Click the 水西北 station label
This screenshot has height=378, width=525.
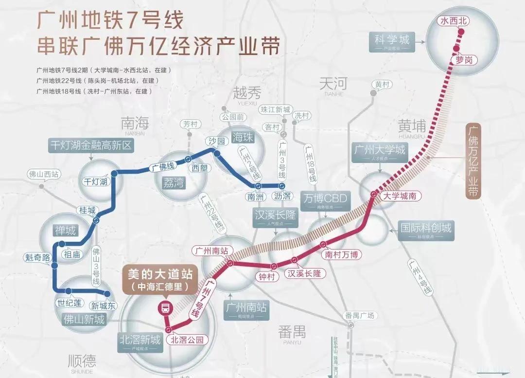coord(452,21)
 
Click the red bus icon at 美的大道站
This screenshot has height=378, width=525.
coord(165,307)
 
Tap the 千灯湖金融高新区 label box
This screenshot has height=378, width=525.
coord(91,144)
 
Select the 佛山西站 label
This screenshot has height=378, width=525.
coord(44,174)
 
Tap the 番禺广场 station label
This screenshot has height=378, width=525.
coord(359,315)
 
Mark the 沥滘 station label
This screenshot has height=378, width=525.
coord(282,196)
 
